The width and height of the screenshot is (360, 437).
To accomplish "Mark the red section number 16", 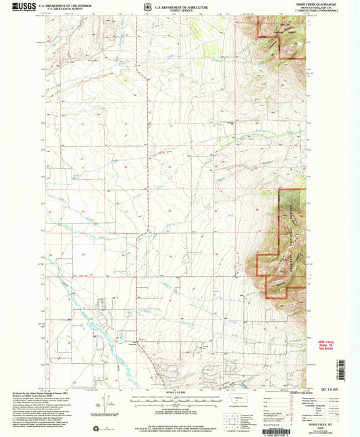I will pos(124,125).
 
